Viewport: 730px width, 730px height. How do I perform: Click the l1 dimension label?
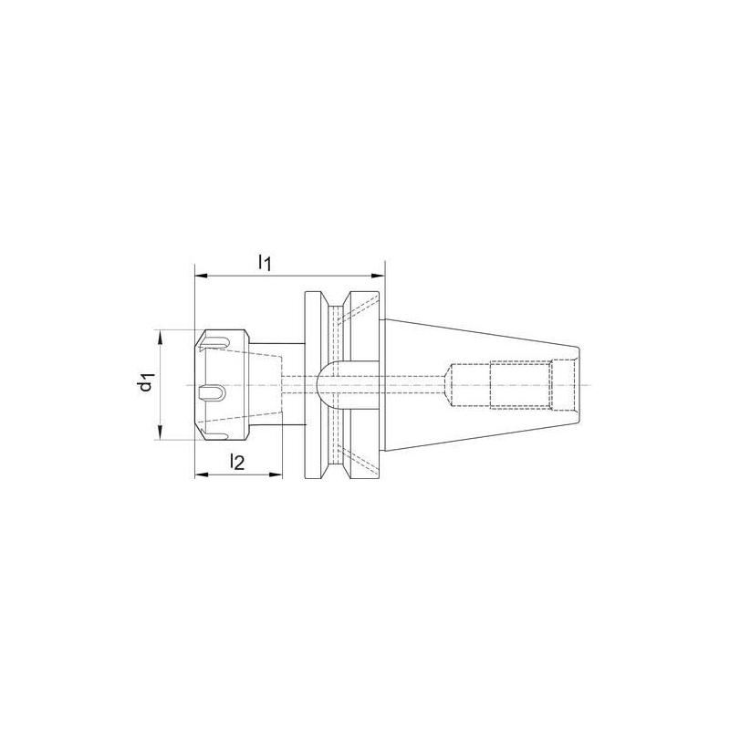pyautogui.click(x=264, y=264)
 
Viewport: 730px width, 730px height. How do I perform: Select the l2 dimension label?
pyautogui.click(x=236, y=464)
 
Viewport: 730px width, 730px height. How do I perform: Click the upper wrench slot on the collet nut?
pyautogui.click(x=214, y=343)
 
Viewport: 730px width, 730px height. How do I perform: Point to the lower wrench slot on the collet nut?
pyautogui.click(x=214, y=424)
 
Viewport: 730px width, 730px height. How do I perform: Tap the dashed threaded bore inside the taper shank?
pyautogui.click(x=520, y=385)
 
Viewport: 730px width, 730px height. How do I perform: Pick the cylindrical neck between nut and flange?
pyautogui.click(x=279, y=385)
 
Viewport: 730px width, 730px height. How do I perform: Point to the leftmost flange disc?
pyautogui.click(x=310, y=385)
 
